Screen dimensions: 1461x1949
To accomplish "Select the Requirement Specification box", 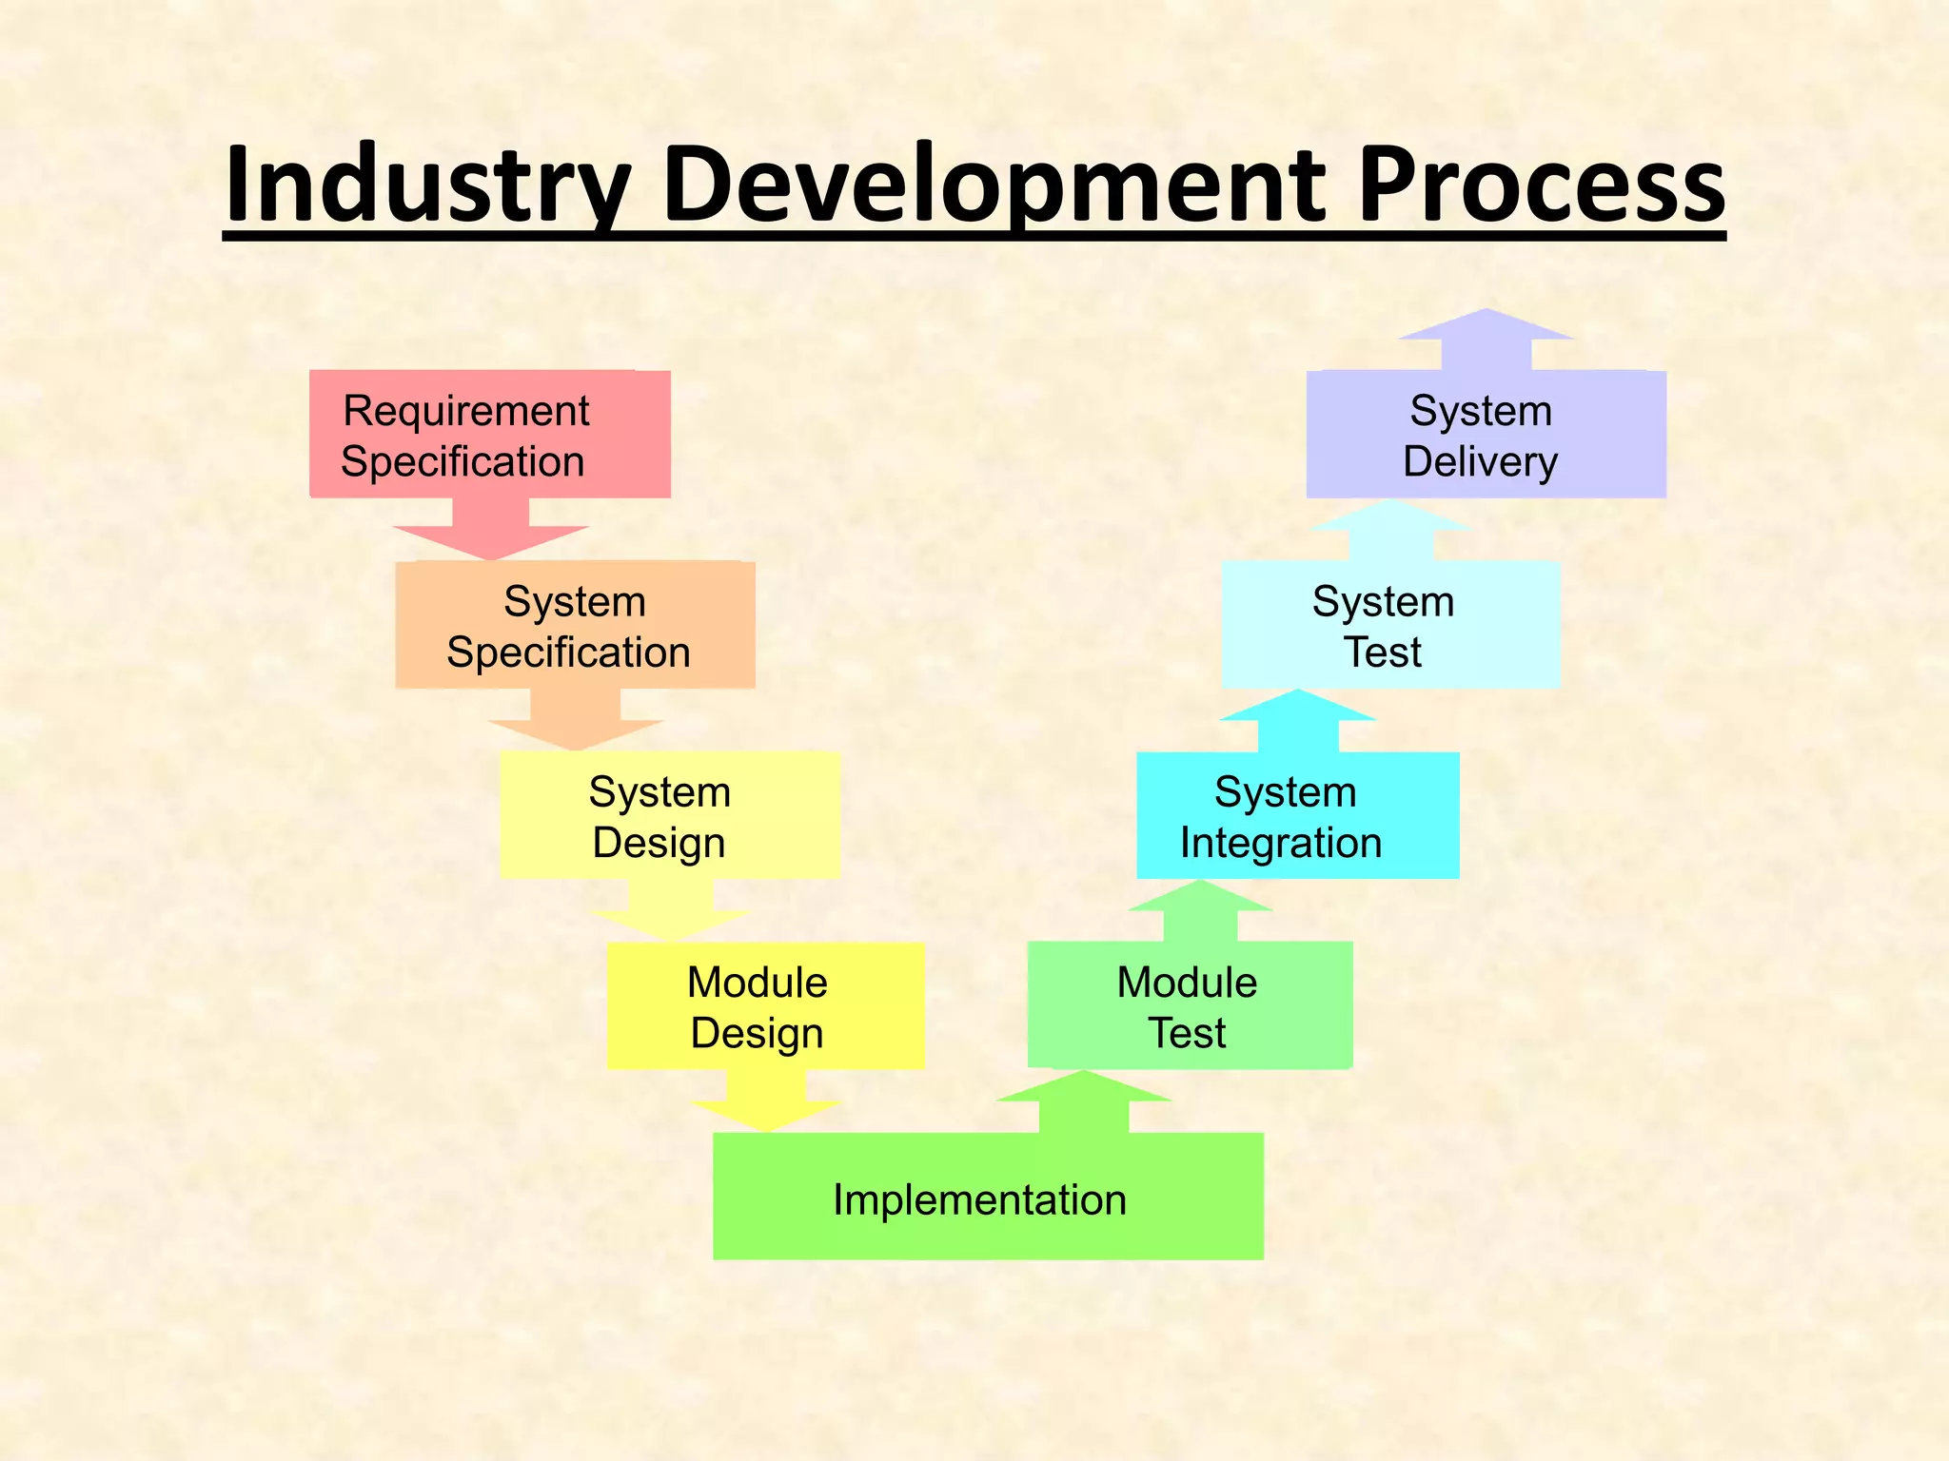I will pos(489,435).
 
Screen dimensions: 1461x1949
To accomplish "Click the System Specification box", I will pos(575,625).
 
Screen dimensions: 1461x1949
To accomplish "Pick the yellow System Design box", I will pos(669,815).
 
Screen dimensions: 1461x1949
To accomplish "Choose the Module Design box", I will pos(765,1006).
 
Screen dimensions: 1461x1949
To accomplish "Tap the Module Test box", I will pos(1189,1005).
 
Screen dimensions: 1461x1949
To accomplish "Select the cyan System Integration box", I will pos(1297,815).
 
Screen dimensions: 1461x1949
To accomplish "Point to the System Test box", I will pos(1390,625).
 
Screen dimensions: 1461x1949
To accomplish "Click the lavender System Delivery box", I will pos(1486,435).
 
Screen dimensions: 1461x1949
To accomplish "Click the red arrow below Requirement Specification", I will pos(491,533).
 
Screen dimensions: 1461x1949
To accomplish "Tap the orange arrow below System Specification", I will pos(576,723).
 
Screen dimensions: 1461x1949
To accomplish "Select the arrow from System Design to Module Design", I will pos(670,913).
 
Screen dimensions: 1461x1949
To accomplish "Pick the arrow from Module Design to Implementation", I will pos(766,1103).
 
